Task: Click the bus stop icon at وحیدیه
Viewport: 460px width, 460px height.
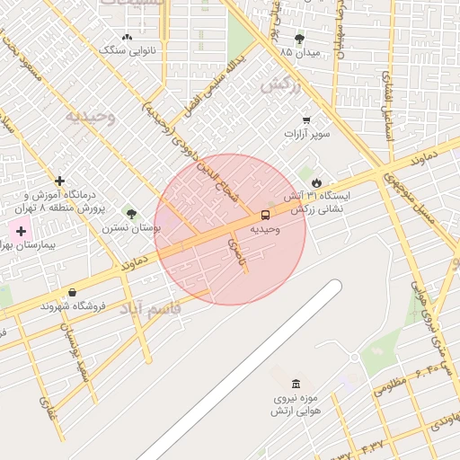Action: tap(265, 215)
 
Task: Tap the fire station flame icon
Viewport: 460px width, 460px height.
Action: tap(316, 182)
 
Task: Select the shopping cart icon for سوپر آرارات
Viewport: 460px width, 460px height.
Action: tap(306, 119)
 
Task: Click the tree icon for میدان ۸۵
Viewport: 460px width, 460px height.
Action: tap(299, 39)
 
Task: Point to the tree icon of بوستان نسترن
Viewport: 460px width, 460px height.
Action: tap(132, 214)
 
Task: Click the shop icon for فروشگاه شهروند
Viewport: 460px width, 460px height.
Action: tap(72, 292)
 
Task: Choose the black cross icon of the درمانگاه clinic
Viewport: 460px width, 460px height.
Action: tap(59, 181)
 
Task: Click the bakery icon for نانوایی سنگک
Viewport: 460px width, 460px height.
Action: tap(127, 38)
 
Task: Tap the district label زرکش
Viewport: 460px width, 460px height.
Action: tap(278, 86)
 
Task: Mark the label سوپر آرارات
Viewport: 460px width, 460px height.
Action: tap(307, 134)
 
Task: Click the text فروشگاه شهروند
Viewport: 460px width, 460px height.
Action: tap(73, 305)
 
